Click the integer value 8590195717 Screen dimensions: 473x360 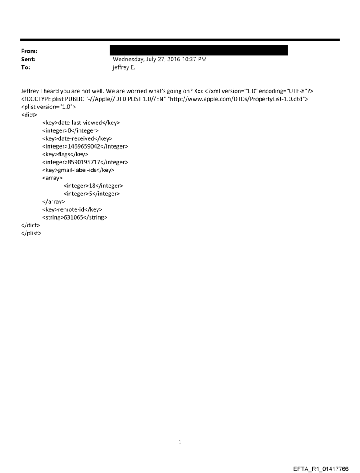[90, 162]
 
